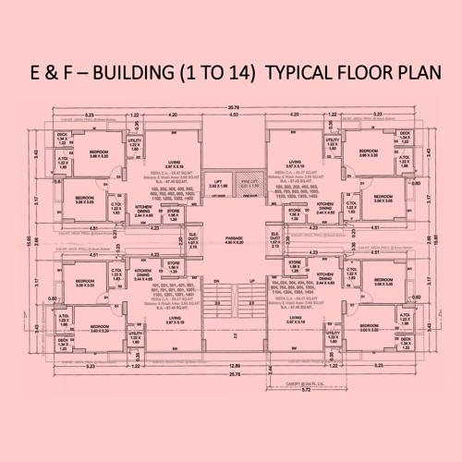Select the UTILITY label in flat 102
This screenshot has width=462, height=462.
pos(134,140)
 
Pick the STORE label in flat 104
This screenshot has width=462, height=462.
pos(295,263)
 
